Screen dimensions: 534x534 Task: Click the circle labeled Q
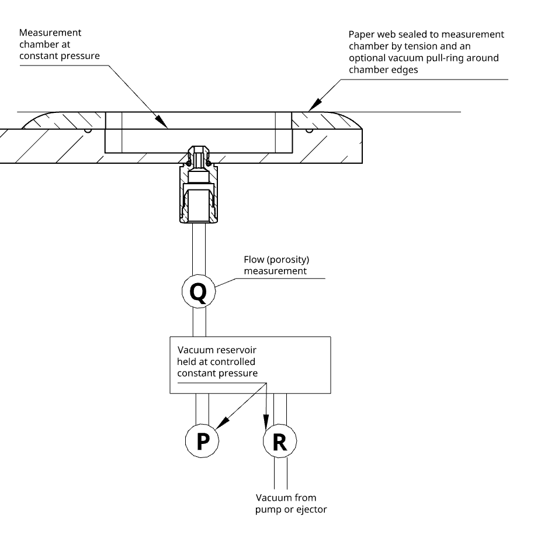[x=199, y=291]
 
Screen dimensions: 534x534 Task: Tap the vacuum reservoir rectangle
[x=249, y=364]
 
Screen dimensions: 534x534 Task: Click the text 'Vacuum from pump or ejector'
[x=291, y=504]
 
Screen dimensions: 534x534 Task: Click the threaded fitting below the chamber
[x=199, y=190]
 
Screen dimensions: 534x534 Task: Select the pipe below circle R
[x=280, y=474]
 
